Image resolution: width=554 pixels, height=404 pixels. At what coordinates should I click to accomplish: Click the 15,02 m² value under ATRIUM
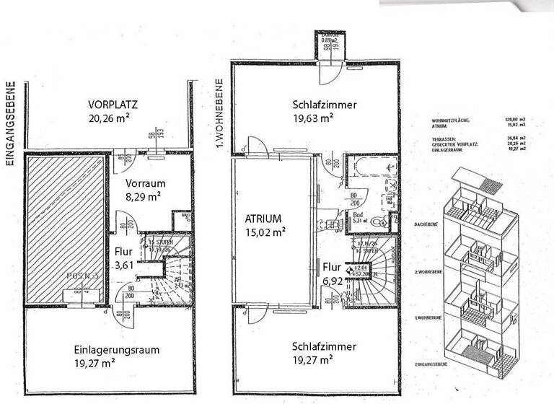coord(265,232)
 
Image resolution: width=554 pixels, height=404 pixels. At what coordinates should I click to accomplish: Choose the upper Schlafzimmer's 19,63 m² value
coord(313,118)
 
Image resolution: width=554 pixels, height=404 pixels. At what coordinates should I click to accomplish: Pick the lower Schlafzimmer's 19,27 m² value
coord(312,359)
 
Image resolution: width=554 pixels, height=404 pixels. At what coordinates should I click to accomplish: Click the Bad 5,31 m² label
coord(358,218)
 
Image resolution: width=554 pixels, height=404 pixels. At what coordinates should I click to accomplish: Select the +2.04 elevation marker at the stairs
coord(359,268)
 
